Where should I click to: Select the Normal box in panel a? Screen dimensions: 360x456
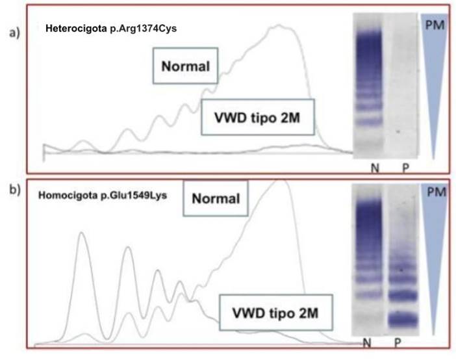point(186,66)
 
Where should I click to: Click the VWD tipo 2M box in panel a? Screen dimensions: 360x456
point(258,117)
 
